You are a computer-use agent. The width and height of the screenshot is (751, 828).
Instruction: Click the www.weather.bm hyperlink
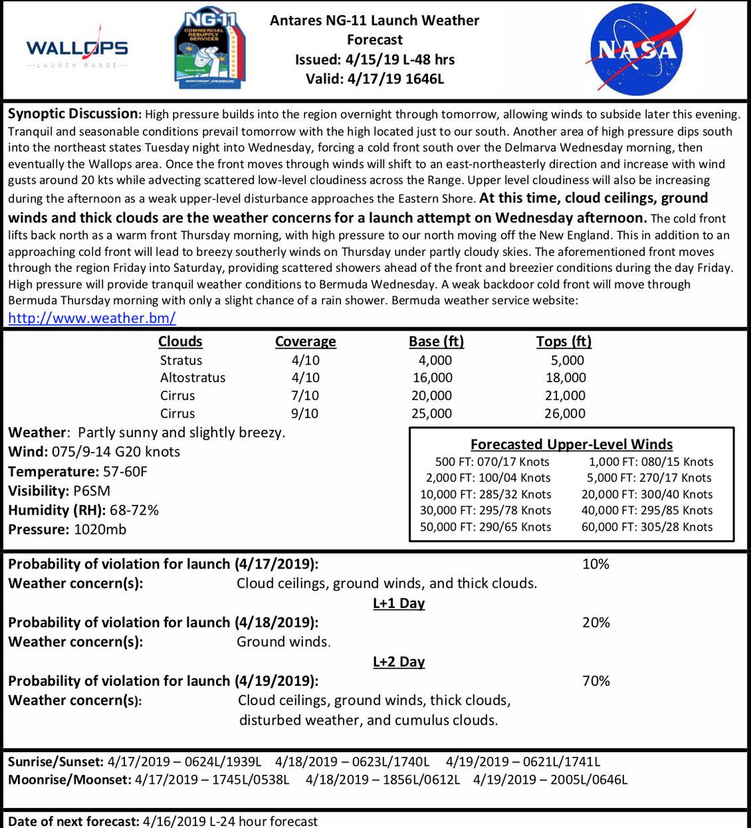(92, 318)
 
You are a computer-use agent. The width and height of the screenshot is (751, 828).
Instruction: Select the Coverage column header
(305, 342)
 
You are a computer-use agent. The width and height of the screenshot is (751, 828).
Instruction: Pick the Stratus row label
(181, 360)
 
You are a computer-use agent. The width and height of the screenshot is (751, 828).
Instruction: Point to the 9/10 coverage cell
(306, 413)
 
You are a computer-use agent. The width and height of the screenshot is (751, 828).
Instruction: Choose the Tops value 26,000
(564, 413)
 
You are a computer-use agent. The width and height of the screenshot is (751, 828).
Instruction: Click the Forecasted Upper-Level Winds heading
(572, 445)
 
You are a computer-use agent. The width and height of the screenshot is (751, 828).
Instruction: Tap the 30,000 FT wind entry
(485, 511)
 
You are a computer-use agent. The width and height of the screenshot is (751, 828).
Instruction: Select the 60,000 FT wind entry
(651, 527)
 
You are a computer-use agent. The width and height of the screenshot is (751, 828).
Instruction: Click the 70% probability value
(596, 681)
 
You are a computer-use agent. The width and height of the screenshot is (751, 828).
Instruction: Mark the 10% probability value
(596, 564)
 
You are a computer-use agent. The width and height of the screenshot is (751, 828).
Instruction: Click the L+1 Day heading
(398, 603)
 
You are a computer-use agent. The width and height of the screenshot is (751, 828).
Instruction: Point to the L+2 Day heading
(398, 662)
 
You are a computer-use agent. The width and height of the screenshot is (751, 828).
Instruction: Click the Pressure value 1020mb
(97, 529)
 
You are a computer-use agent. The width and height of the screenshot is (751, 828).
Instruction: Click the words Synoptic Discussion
(71, 113)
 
